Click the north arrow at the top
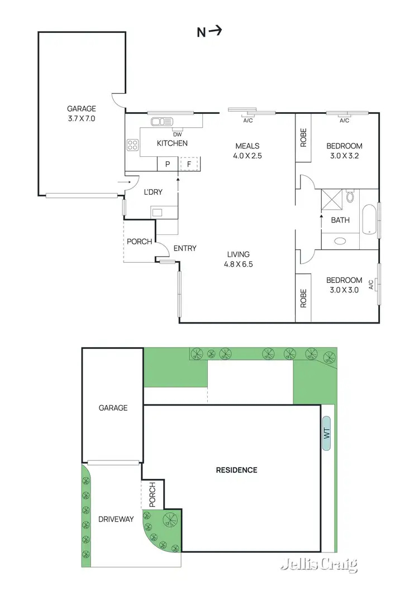coord(209,32)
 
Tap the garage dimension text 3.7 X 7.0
coord(82,118)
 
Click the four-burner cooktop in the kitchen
coord(134,145)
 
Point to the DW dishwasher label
coord(178,134)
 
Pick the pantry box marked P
coord(166,164)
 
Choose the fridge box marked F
coord(189,164)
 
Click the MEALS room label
coord(247,146)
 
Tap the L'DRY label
coord(153,192)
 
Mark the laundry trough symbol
coord(158,212)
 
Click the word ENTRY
coord(185,248)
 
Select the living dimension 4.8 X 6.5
coord(239,264)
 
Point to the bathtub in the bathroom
coord(369,219)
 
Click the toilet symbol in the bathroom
coord(350,197)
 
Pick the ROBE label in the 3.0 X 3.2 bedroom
coord(303,138)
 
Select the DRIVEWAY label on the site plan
coord(116,519)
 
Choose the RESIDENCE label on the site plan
coord(237,470)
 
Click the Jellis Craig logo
coord(318,565)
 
